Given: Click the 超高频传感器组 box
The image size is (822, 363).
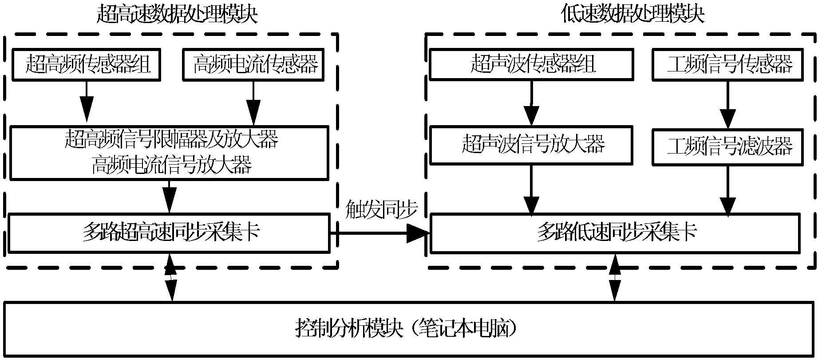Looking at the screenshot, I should click(86, 65).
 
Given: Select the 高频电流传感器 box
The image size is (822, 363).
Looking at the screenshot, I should click(253, 65).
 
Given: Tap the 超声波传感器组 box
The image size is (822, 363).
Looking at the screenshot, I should click(531, 65).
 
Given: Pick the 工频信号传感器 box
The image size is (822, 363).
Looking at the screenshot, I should click(728, 65).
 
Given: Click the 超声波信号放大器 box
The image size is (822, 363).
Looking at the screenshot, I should click(531, 145).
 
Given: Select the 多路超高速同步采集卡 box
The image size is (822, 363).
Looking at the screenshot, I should click(169, 233).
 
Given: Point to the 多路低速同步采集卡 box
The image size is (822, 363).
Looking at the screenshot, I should click(615, 233).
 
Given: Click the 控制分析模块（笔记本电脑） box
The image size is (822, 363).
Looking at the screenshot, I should click(408, 329).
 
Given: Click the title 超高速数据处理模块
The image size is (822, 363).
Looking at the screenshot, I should click(177, 14).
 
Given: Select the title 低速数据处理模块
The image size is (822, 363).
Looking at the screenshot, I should click(632, 14).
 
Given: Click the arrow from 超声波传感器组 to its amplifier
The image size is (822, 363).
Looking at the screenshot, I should click(531, 103).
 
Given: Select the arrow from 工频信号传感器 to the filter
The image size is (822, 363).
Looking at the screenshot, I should click(728, 105).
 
